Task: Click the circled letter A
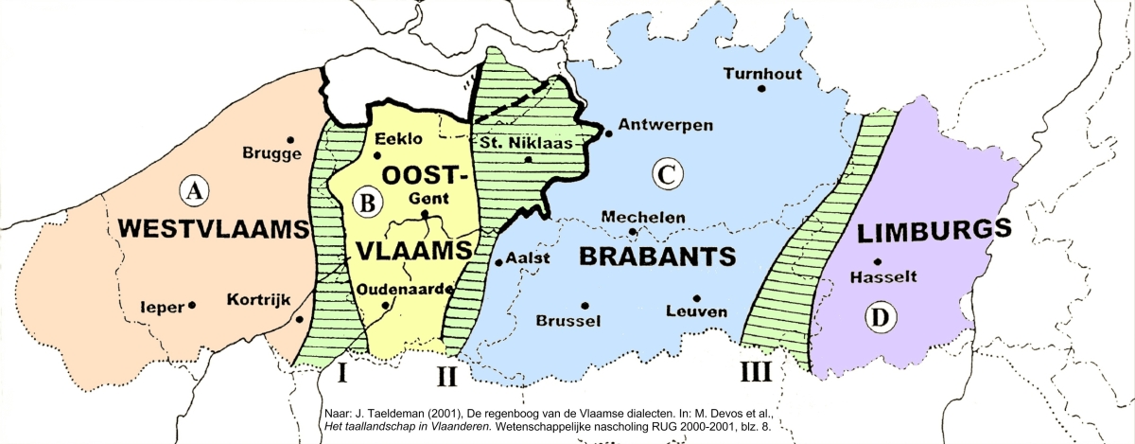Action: click(194, 191)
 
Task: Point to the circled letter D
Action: click(881, 318)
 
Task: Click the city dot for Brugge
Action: click(290, 140)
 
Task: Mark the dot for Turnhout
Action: click(761, 89)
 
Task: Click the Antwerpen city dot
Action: click(608, 133)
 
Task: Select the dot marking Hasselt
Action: click(879, 262)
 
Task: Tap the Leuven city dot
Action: click(696, 297)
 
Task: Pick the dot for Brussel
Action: click(585, 305)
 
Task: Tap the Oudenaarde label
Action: click(407, 289)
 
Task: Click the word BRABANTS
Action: click(657, 257)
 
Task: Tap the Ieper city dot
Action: click(192, 305)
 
